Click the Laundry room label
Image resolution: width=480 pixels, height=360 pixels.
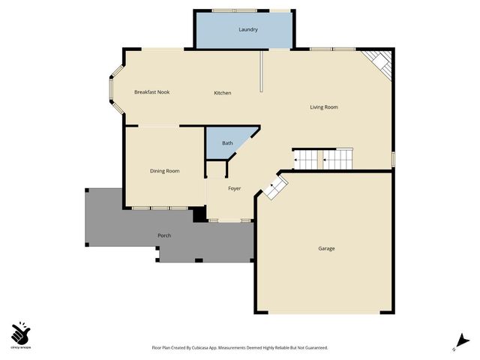pos(248,30)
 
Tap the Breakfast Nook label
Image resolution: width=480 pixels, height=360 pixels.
pos(152,92)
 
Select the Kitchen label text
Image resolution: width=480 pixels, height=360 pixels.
pos(223,93)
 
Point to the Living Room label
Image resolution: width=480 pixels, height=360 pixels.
pos(324,107)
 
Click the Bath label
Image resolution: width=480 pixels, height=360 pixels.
pos(227,142)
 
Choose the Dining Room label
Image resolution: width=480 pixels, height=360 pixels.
pos(164,171)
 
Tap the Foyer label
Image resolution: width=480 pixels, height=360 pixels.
pos(235,188)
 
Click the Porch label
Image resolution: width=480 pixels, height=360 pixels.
pos(164,235)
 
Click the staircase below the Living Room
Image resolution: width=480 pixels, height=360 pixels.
pos(322,158)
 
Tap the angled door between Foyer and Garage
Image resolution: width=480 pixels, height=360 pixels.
pos(274,187)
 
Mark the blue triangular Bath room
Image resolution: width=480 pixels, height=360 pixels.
pos(225,146)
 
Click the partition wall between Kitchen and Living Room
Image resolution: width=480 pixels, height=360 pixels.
pos(261,71)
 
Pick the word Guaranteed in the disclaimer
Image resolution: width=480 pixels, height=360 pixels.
pos(313,348)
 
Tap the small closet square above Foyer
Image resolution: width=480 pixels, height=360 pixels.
pos(215,169)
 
